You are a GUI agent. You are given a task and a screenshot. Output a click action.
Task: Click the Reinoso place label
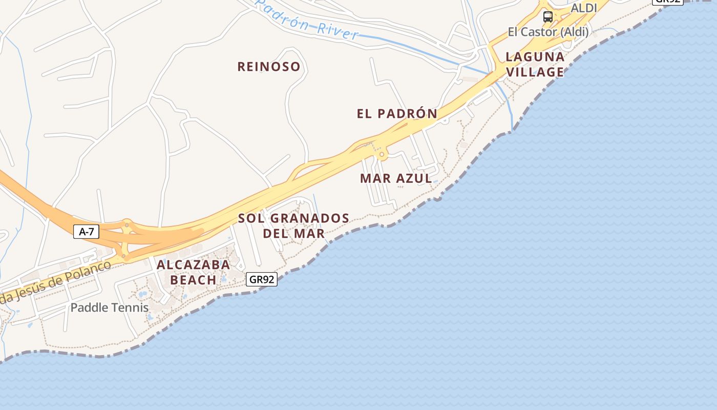pos(269,67)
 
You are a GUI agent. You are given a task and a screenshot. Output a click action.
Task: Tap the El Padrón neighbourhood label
pos(397,114)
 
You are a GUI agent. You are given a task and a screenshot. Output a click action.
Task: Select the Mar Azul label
pos(396,178)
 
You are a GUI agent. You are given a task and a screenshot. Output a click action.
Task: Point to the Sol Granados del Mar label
pos(293,225)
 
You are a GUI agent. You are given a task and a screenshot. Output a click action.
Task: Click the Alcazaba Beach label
pos(193,272)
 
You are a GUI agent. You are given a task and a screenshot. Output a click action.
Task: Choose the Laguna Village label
pos(535,64)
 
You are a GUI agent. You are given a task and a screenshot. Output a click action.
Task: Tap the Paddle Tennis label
pos(110,307)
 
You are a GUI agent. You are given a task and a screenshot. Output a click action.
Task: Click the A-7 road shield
pos(86,232)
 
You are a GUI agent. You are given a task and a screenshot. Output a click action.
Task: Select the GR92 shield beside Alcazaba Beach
pos(262,279)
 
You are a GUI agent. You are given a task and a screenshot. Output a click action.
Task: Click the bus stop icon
pos(548,17)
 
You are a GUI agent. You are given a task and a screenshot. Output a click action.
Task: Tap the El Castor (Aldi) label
pos(548,32)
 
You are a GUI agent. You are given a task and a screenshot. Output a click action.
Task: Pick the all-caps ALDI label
pos(584,8)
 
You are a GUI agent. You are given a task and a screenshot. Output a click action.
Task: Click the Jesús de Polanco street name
pos(56,282)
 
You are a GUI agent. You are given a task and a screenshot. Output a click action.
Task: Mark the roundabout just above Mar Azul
pos(382,154)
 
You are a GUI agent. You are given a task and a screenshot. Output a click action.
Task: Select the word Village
pos(535,72)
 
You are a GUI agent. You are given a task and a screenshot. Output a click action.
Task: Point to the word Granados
pos(309,218)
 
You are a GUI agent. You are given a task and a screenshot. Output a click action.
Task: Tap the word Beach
pos(193,280)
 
